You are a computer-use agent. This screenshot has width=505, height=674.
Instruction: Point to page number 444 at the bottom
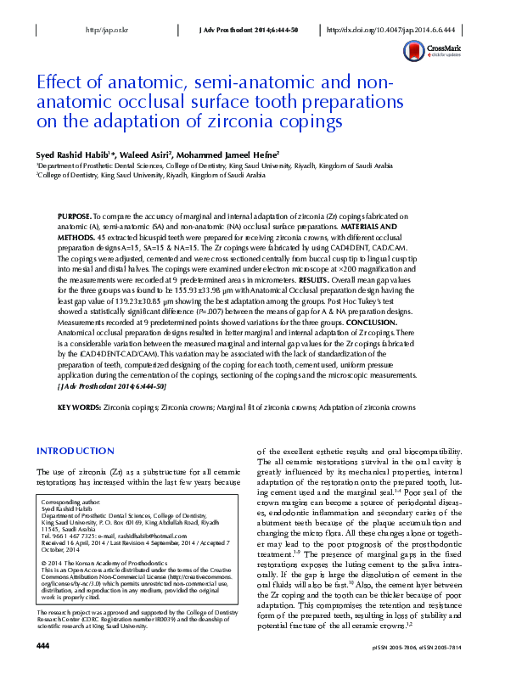tap(42, 647)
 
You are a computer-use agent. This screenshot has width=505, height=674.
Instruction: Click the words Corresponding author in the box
tap(68, 503)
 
